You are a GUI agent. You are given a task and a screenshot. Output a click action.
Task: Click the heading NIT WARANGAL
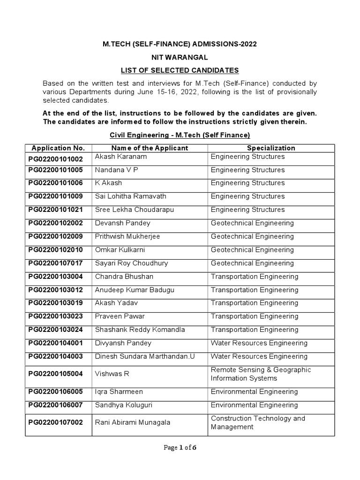180,57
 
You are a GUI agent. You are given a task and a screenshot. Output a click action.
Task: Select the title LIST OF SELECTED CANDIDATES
180,70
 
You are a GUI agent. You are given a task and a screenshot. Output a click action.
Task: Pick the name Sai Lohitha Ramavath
130,196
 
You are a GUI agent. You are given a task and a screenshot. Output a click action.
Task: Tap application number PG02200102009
56,237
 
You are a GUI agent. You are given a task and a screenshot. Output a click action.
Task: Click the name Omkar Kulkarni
122,250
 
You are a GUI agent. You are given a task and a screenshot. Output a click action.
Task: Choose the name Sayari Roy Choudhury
131,263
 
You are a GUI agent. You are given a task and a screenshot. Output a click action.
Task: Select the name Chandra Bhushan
124,277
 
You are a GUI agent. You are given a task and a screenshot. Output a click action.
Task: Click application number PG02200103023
56,317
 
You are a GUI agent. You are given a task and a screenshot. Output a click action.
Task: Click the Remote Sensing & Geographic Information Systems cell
261,374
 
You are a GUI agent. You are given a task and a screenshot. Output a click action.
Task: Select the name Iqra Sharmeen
119,392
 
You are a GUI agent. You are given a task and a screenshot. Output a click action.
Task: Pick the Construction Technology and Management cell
258,422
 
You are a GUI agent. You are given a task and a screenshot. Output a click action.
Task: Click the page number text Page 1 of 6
180,448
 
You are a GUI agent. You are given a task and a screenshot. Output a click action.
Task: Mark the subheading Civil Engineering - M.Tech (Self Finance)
180,135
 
